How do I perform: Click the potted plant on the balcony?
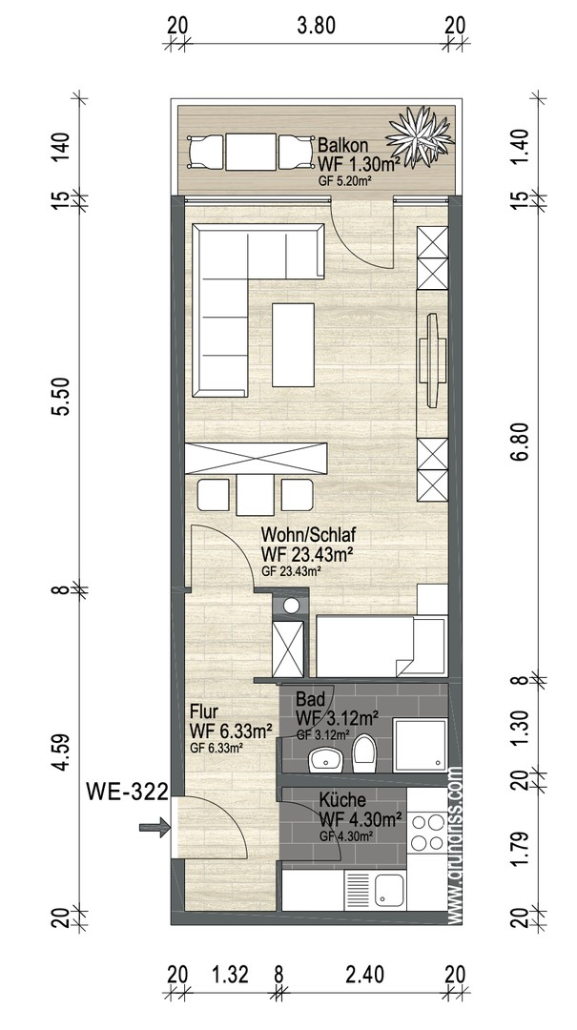[420, 136]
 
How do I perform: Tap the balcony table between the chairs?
[251, 152]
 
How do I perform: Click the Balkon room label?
[342, 145]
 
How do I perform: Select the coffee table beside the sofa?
[293, 345]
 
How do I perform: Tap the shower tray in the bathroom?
[420, 745]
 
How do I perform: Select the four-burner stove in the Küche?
[426, 832]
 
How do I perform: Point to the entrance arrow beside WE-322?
[155, 828]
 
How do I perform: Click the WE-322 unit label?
[128, 792]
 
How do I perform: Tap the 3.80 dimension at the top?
[316, 26]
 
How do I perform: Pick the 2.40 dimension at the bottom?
[365, 975]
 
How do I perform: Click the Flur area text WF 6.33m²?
[231, 731]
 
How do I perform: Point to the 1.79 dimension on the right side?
[522, 849]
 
